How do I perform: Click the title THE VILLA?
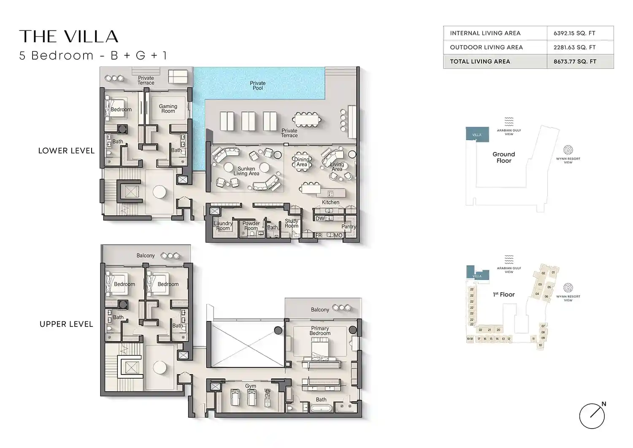pyautogui.click(x=69, y=37)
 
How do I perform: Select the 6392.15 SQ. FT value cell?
pyautogui.click(x=574, y=33)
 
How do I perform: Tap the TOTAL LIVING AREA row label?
pyautogui.click(x=480, y=61)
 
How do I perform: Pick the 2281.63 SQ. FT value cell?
pyautogui.click(x=574, y=47)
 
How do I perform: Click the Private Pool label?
pyautogui.click(x=257, y=86)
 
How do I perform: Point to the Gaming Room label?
pyautogui.click(x=168, y=109)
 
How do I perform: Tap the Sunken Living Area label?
pyautogui.click(x=246, y=171)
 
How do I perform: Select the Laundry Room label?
pyautogui.click(x=223, y=226)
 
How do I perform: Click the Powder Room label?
pyautogui.click(x=251, y=226)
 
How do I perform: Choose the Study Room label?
pyautogui.click(x=292, y=223)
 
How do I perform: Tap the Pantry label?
pyautogui.click(x=349, y=227)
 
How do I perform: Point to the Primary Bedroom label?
pyautogui.click(x=320, y=331)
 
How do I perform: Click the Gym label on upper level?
pyautogui.click(x=251, y=386)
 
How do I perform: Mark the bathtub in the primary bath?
pyautogui.click(x=321, y=408)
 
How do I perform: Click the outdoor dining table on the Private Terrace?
pyautogui.click(x=307, y=120)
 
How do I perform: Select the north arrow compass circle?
pyautogui.click(x=592, y=416)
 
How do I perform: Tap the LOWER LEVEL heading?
pyautogui.click(x=66, y=151)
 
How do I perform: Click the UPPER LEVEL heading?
pyautogui.click(x=66, y=324)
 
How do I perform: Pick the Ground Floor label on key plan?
pyautogui.click(x=503, y=157)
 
